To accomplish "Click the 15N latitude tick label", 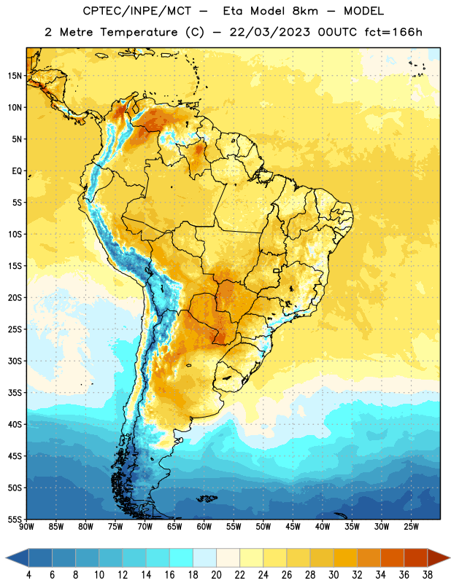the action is pyautogui.click(x=15, y=76).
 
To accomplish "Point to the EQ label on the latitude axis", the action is pyautogui.click(x=17, y=171).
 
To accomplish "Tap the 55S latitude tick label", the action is pyautogui.click(x=15, y=519).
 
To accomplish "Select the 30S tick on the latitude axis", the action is pyautogui.click(x=15, y=361).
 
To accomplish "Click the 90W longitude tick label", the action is pyautogui.click(x=26, y=526).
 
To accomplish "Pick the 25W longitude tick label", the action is pyautogui.click(x=411, y=526).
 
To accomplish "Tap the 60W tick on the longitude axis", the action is pyautogui.click(x=204, y=526).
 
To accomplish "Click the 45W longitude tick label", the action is pyautogui.click(x=293, y=526).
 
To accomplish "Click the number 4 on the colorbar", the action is pyautogui.click(x=28, y=575).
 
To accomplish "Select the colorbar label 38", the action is pyautogui.click(x=428, y=575).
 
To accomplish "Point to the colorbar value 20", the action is pyautogui.click(x=216, y=575).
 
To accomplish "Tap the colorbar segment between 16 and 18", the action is pyautogui.click(x=182, y=558).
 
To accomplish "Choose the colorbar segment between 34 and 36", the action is pyautogui.click(x=392, y=558).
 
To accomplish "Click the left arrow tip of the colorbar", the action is pyautogui.click(x=6, y=558).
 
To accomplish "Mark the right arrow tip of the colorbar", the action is pyautogui.click(x=450, y=558).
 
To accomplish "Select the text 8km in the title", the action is pyautogui.click(x=305, y=11).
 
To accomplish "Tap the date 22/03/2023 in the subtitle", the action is pyautogui.click(x=269, y=32).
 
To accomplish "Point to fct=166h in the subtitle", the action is pyautogui.click(x=393, y=32).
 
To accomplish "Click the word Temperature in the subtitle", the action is pyautogui.click(x=139, y=32).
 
